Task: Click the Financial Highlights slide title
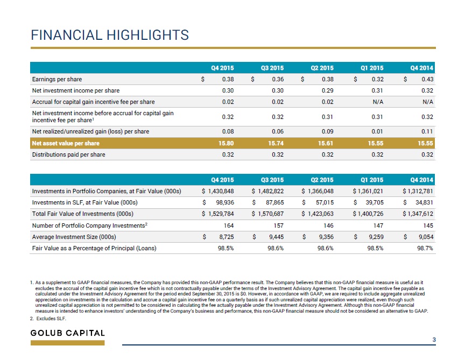pos(110,35)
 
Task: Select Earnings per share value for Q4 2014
pos(427,79)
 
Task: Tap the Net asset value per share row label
pos(66,143)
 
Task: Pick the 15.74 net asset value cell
pos(276,143)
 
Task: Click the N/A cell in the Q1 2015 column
pos(378,102)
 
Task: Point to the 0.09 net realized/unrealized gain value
pos(327,131)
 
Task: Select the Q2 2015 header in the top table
pos(322,68)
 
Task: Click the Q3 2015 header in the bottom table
pos(272,180)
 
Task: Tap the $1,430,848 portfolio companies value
pos(217,191)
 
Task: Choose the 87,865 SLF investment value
pos(273,202)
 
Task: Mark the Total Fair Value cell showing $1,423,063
pos(318,214)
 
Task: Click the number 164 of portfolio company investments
pos(229,225)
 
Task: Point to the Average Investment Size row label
pos(74,237)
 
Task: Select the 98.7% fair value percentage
pos(425,248)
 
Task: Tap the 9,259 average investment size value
pos(376,237)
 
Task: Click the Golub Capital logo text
pos(68,333)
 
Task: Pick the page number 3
pos(434,340)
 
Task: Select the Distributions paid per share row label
pos(68,154)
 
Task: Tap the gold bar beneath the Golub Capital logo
pos(68,343)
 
